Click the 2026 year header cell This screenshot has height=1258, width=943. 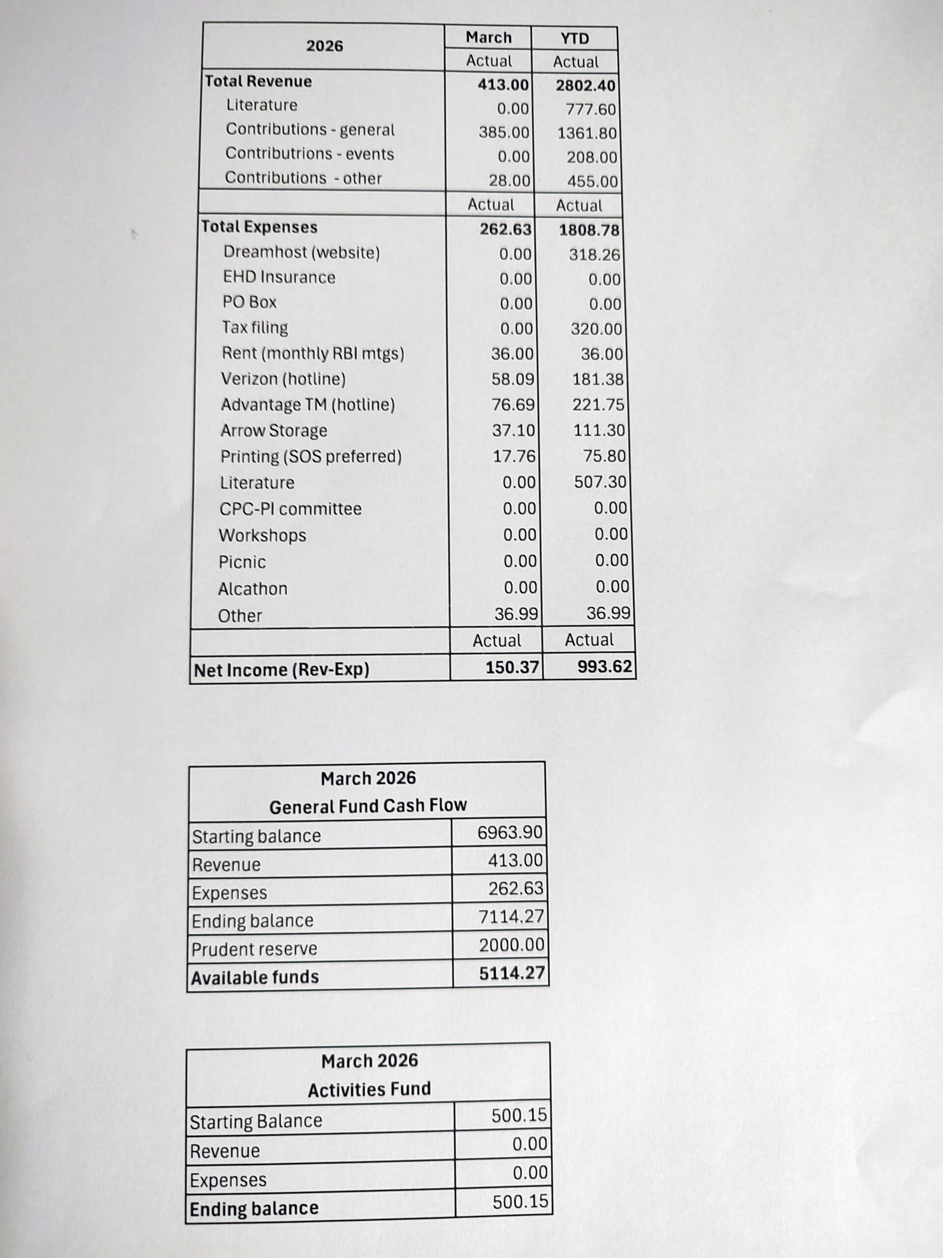(325, 46)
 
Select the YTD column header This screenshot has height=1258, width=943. (575, 39)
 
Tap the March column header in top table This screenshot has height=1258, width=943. (488, 37)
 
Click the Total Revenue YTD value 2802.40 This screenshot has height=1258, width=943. (585, 86)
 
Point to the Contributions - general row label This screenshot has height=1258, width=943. (310, 130)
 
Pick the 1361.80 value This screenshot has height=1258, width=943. (586, 133)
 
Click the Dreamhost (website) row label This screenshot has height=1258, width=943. (301, 252)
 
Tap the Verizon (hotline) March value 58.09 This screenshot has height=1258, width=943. (513, 379)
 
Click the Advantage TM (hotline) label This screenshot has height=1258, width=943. (307, 405)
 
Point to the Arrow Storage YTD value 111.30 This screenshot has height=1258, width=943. (599, 430)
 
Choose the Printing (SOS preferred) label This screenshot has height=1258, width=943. (311, 457)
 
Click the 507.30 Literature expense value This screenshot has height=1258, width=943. (600, 482)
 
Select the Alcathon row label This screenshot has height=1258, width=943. (252, 589)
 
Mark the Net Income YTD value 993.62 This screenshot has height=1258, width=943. (604, 666)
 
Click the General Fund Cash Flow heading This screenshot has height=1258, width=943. (368, 806)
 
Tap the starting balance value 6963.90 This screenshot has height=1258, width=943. (510, 832)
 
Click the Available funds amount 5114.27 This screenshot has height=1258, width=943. (512, 973)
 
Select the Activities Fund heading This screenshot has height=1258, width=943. (369, 1089)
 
